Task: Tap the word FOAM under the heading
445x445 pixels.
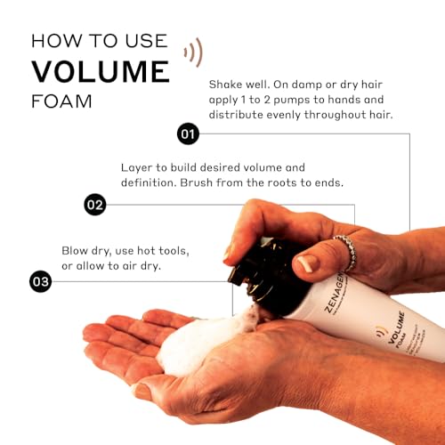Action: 58,101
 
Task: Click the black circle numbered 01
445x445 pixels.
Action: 188,134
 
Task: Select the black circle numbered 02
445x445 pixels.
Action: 95,205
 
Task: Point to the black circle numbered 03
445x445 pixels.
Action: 40,282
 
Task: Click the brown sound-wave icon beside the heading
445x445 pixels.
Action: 193,52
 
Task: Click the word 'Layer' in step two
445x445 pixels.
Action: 137,167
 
